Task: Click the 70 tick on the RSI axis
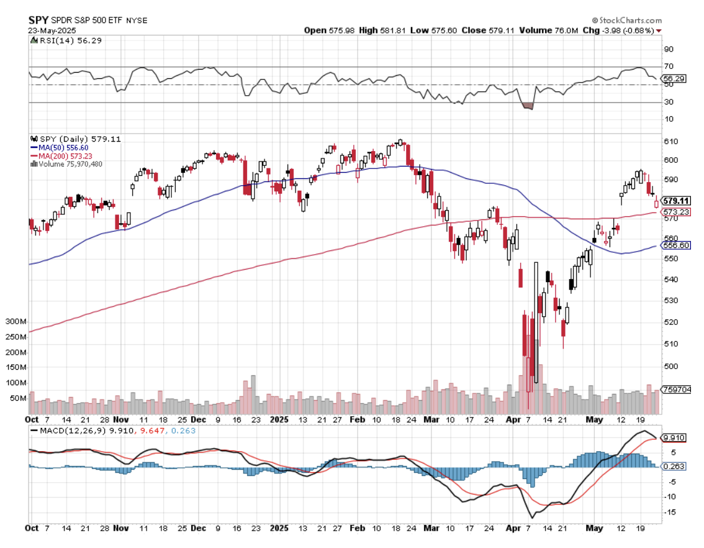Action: (x=669, y=66)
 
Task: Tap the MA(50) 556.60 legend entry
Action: (x=61, y=147)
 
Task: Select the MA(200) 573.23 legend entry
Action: (x=63, y=155)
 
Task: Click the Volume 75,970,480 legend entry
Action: (x=69, y=164)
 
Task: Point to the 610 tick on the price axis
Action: (x=670, y=142)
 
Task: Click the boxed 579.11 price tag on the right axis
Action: (x=677, y=201)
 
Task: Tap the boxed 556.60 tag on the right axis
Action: (x=677, y=245)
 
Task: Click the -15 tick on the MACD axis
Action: (x=670, y=512)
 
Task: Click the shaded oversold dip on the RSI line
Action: (x=528, y=106)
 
